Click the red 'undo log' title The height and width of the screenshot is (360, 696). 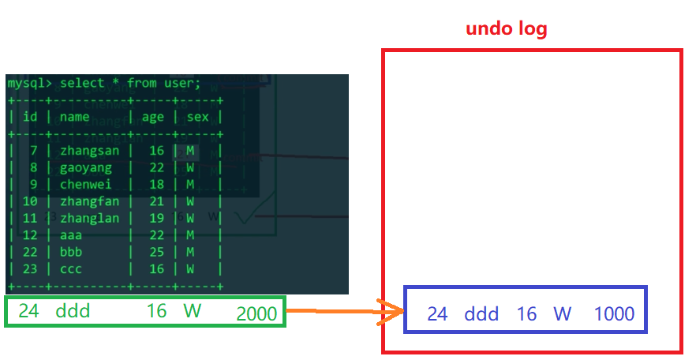click(506, 29)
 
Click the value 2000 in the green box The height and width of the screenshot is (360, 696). click(256, 313)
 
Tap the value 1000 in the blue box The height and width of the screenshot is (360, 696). click(614, 313)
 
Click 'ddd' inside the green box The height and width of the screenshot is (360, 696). click(73, 311)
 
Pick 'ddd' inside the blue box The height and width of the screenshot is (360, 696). click(481, 313)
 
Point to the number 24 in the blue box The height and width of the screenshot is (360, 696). click(437, 313)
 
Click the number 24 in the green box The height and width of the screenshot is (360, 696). click(28, 311)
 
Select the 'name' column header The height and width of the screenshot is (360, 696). click(75, 117)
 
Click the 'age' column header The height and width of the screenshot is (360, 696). click(153, 117)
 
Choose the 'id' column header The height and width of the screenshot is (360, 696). click(31, 117)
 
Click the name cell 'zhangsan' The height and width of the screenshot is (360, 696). click(90, 151)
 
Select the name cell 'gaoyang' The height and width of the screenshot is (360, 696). click(85, 167)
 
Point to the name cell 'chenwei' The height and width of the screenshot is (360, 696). click(85, 184)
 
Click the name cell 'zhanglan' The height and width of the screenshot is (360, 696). click(90, 218)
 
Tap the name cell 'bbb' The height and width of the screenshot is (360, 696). click(70, 252)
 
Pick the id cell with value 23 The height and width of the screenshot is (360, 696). click(31, 268)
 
